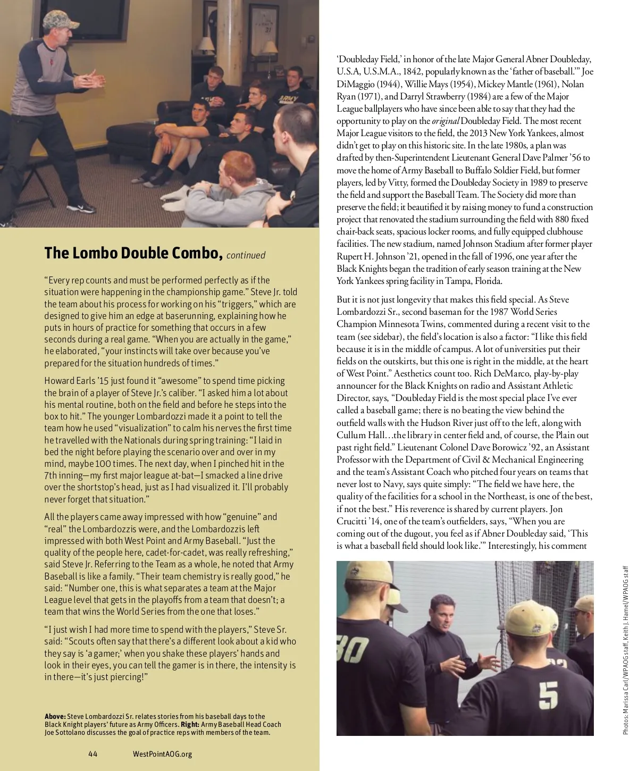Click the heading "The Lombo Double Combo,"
133,253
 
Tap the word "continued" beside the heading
246,255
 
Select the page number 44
93,753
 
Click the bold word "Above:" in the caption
55,716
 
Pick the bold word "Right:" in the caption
190,724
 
